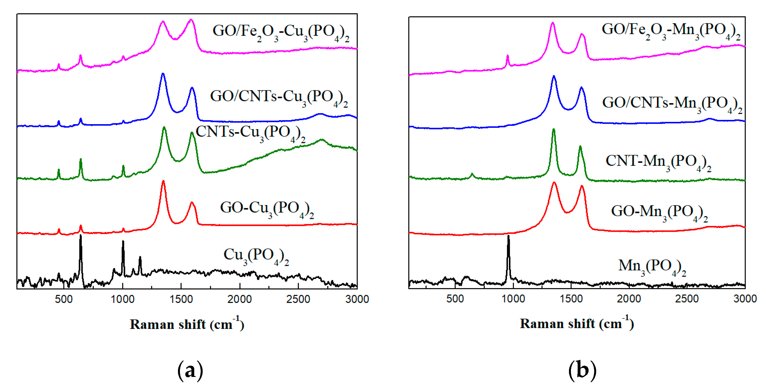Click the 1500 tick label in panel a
pos(181,299)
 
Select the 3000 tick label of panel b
pos(745,298)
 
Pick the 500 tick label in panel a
pos(64,299)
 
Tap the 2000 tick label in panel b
pos(629,298)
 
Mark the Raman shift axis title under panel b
pos(577,323)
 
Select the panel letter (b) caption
pos(582,370)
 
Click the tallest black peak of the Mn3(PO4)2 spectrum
pos(508,237)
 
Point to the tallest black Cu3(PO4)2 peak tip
pos(80,236)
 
